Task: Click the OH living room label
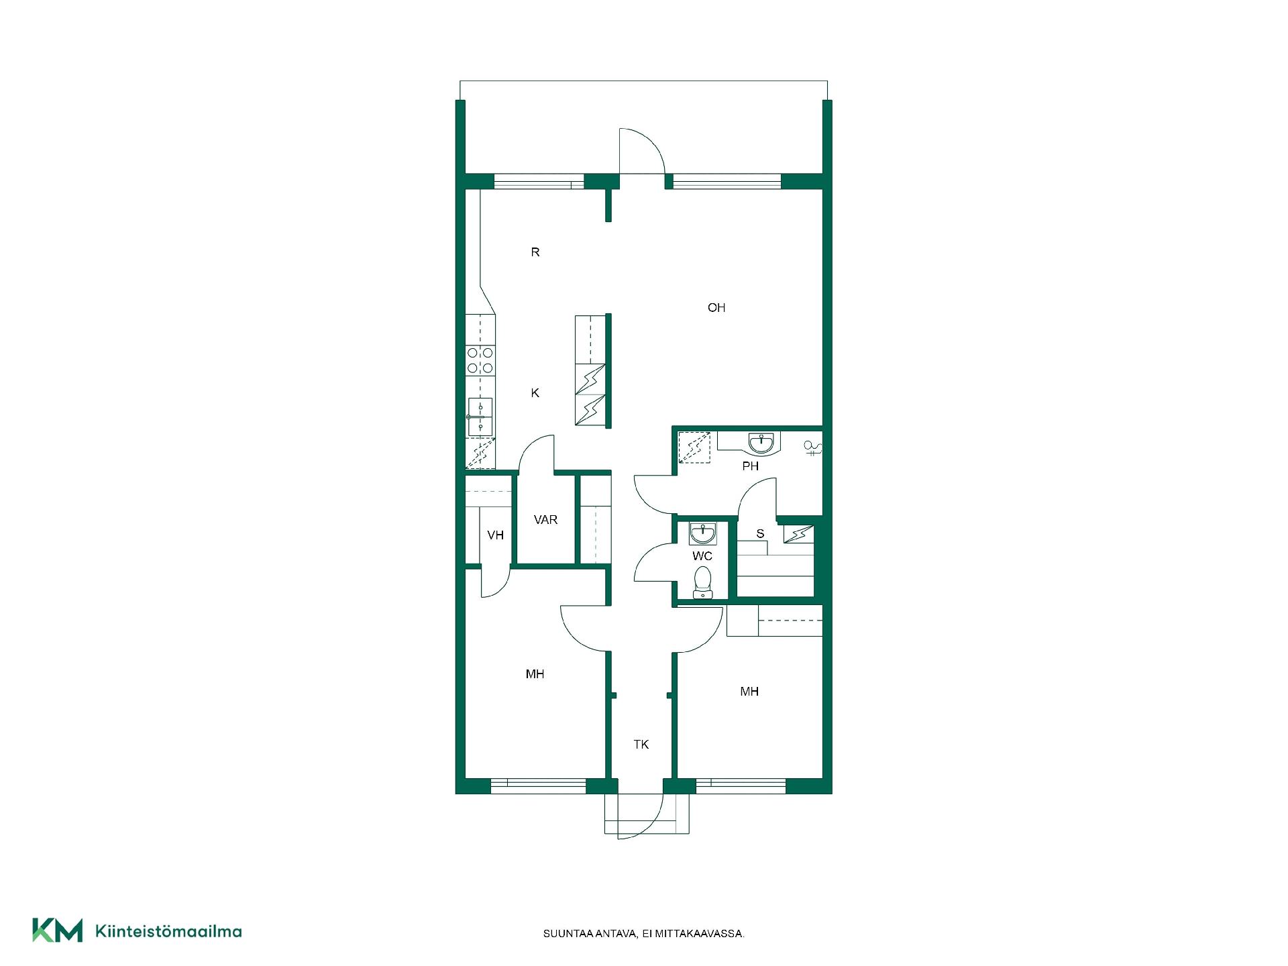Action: tap(716, 308)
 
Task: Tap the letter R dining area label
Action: tap(535, 252)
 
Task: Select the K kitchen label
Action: tap(535, 393)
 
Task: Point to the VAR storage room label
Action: tap(546, 520)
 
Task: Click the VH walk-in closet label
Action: tap(496, 535)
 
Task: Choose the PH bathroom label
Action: tap(751, 466)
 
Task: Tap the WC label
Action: tap(702, 556)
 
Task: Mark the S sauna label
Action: tap(760, 534)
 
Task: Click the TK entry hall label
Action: tap(641, 745)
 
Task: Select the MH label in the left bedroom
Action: tap(535, 674)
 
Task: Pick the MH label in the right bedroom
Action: tap(749, 692)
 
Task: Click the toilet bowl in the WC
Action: tap(702, 582)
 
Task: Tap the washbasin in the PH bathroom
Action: tap(761, 443)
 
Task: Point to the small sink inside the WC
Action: tap(702, 533)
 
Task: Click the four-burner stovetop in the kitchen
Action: tap(480, 360)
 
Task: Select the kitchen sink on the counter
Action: tap(480, 417)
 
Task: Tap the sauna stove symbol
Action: tap(799, 534)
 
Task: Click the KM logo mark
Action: tap(58, 930)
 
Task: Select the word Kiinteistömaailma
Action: tap(169, 931)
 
